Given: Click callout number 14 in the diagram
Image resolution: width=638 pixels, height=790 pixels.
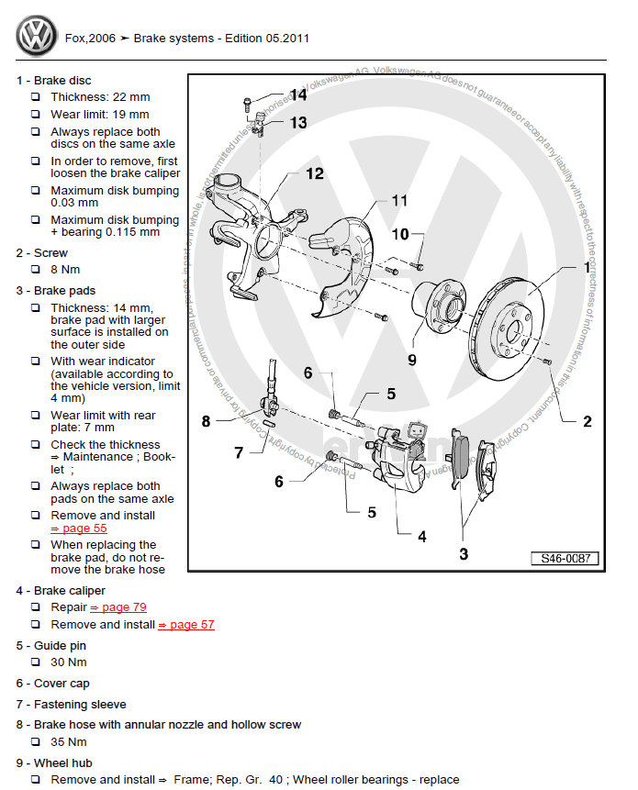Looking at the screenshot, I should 298,95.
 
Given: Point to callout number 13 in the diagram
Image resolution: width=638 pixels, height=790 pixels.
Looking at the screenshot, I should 298,122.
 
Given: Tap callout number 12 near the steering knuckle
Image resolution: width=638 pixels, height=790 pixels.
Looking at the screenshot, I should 314,172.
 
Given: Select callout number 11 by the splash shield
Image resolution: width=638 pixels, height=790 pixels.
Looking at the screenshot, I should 398,200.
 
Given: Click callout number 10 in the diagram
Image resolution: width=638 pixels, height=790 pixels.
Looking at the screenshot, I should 400,235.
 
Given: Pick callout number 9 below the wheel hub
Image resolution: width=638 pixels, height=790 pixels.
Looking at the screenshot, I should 412,359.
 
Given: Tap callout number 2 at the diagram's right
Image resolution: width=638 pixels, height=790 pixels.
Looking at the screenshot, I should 587,422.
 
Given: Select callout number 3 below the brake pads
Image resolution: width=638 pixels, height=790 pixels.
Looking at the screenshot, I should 464,553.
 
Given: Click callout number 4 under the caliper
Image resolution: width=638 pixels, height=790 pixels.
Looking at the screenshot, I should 421,536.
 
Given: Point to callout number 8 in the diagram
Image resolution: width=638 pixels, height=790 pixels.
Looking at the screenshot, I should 207,422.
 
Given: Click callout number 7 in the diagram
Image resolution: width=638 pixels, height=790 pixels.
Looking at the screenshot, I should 239,452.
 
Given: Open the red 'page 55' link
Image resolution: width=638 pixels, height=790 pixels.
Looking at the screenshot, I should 79,529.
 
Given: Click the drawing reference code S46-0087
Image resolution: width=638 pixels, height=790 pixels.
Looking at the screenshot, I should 564,559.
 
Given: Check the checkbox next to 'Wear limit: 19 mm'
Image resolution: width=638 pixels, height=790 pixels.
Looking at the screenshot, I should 36,115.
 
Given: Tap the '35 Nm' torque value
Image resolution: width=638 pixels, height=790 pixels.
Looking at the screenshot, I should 69,741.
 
